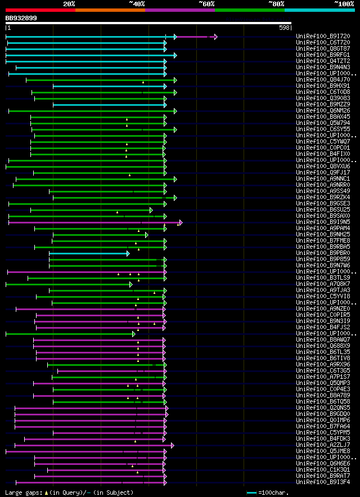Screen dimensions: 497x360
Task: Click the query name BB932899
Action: pos(21,18)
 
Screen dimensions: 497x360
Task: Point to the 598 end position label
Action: pos(284,28)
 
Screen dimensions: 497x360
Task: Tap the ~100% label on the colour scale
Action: pos(344,3)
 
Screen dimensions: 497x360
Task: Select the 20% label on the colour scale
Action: pos(69,3)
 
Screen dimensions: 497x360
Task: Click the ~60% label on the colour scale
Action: pos(206,3)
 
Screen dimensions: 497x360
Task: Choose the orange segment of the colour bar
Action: pos(110,10)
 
